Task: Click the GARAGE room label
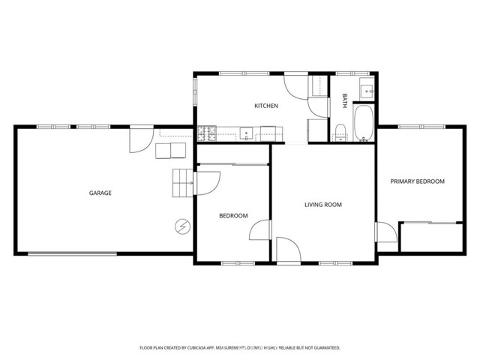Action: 100,193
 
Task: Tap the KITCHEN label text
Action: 266,106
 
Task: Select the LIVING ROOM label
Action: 323,204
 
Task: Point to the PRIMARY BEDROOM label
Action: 418,181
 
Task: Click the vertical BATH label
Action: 345,100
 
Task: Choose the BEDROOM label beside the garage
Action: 233,216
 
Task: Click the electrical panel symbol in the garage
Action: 182,226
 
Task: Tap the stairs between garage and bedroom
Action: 183,184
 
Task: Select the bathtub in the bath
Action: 363,123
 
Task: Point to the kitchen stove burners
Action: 207,134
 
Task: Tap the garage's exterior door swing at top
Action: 140,139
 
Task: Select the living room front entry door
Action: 287,250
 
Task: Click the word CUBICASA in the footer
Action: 200,348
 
